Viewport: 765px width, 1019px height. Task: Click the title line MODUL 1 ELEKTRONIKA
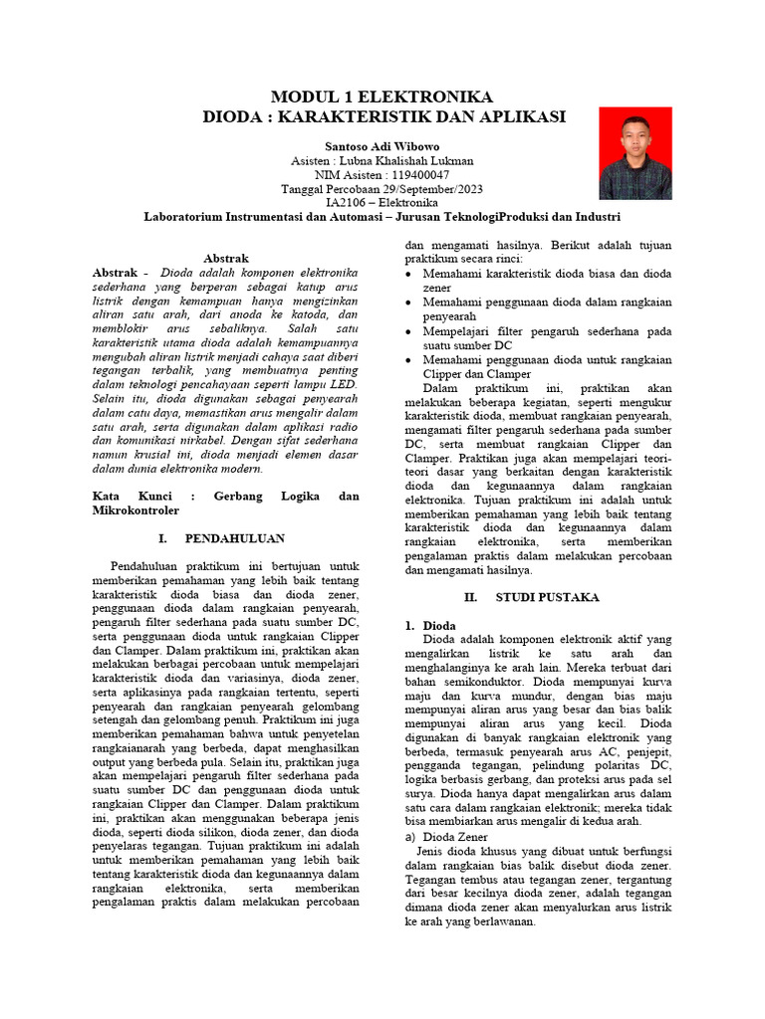(x=382, y=98)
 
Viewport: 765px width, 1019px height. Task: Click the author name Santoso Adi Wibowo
(x=382, y=146)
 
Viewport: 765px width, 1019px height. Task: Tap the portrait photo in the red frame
(x=635, y=153)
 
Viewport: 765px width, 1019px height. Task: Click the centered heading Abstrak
(x=225, y=258)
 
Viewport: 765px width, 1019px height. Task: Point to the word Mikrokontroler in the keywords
(x=135, y=509)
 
